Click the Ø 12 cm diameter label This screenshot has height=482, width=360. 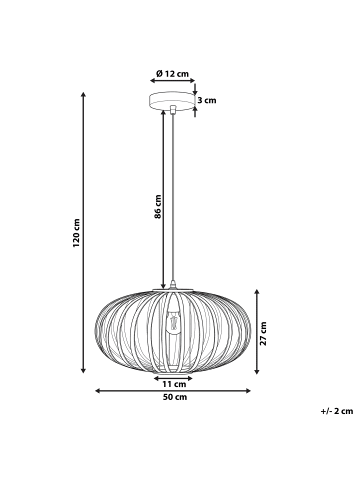pos(174,75)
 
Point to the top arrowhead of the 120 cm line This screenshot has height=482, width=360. pos(83,93)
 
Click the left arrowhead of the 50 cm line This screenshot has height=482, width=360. pos(97,390)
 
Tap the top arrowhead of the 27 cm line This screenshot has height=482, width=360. pos(256,291)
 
